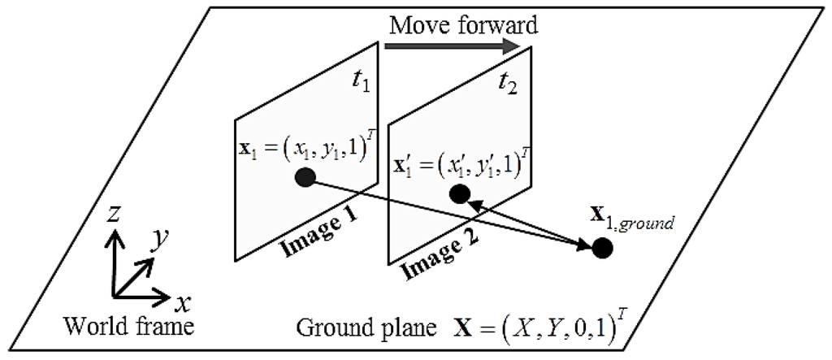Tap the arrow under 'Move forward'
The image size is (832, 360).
tap(452, 46)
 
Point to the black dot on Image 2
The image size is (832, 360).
tap(459, 194)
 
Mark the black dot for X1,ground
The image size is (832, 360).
tap(602, 248)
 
